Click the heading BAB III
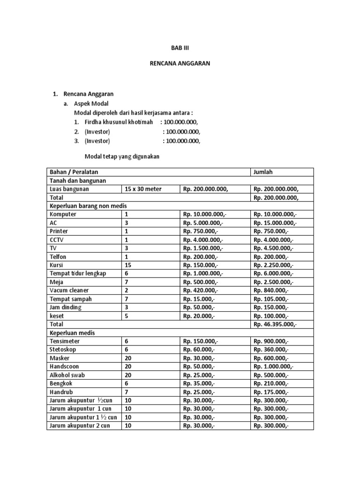point(180,48)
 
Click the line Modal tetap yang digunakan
point(122,157)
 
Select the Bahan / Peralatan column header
point(74,172)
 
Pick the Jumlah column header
point(263,172)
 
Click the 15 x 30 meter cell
point(143,189)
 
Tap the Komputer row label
point(63,214)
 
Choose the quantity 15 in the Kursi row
point(128,265)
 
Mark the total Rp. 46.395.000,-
point(275,324)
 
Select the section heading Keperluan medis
point(72,332)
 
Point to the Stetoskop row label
point(63,349)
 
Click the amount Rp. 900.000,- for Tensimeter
point(271,341)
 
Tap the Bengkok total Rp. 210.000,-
point(271,383)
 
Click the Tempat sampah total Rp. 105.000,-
point(271,299)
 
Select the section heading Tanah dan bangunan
point(78,180)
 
